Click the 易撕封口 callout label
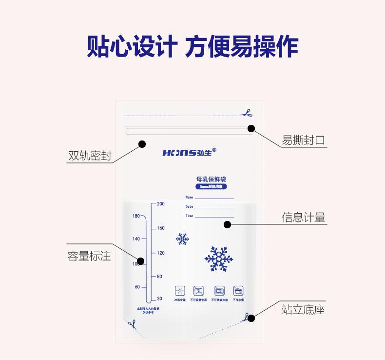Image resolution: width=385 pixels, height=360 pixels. tap(303, 140)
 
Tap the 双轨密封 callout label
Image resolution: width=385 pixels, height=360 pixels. tap(90, 156)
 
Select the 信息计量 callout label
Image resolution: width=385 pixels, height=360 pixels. tap(303, 218)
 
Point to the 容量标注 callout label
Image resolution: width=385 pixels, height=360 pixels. tap(89, 256)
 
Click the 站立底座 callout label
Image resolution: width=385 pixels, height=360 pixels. tap(303, 309)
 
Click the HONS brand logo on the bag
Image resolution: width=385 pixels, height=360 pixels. tap(189, 153)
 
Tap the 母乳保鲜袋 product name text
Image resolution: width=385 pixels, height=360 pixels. tap(211, 180)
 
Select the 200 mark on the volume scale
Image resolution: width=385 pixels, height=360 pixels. tap(161, 204)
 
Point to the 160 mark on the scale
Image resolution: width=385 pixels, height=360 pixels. tap(161, 228)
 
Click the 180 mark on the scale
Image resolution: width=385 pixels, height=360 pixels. tap(136, 216)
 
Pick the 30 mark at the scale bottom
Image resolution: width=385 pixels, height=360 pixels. tap(160, 299)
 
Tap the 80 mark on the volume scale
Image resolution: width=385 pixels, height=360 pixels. tap(159, 277)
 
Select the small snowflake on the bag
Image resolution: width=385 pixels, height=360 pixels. tap(182, 239)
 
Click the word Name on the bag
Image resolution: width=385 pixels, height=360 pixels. tap(190, 198)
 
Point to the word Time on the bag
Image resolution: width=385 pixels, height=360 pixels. tap(190, 216)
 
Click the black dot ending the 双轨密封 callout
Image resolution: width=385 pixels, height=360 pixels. tap(142, 144)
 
